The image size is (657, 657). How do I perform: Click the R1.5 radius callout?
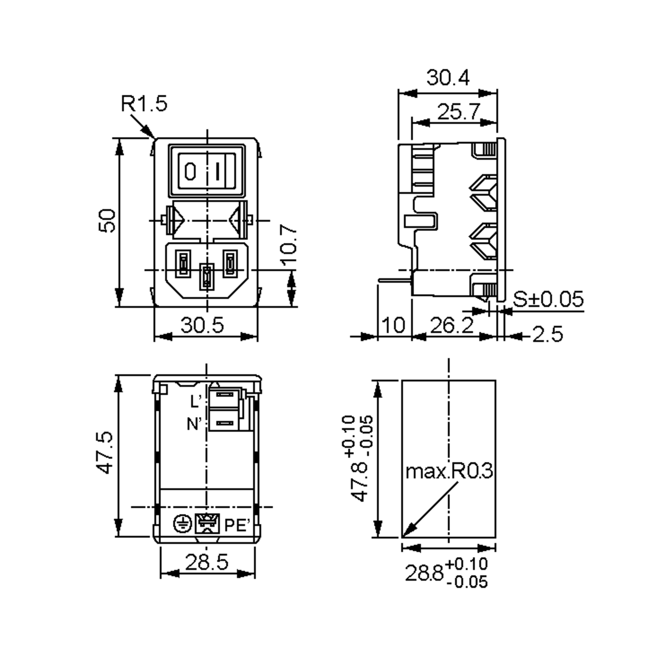144,104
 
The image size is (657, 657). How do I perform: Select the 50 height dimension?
107,221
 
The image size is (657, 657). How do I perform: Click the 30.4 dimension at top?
448,77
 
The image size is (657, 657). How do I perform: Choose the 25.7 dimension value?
459,111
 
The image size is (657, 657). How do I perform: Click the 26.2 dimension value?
452,325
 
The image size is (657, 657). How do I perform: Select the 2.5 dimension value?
547,334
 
